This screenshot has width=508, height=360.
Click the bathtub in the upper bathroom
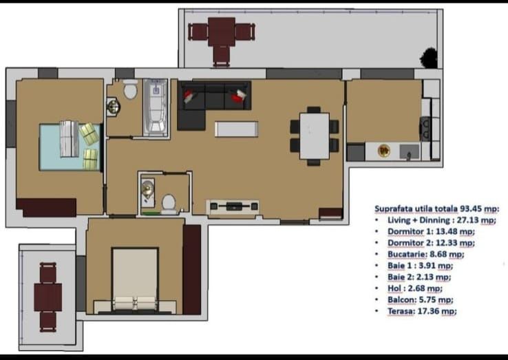tap(156, 107)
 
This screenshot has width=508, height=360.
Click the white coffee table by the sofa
tap(236, 129)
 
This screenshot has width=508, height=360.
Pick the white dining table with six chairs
tap(315, 136)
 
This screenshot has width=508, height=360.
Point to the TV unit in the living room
tap(234, 206)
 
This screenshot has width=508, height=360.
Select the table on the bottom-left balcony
tap(48, 297)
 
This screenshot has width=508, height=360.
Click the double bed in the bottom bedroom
tap(136, 281)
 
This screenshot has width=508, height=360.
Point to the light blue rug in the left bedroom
tap(69, 147)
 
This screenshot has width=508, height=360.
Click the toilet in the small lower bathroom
tap(168, 204)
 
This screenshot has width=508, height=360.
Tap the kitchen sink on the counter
tap(406, 151)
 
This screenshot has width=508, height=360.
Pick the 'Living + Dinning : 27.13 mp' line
tap(441, 220)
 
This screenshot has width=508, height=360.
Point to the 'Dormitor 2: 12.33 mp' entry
tap(430, 243)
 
